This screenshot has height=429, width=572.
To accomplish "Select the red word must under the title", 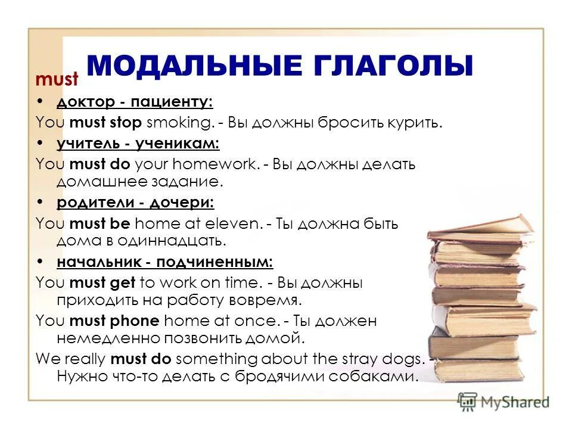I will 57,79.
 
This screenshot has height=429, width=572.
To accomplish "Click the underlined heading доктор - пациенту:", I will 135,102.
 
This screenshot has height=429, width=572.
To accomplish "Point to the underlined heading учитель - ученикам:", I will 138,143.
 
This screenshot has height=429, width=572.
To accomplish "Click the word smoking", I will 179,123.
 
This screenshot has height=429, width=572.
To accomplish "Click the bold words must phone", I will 114,321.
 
